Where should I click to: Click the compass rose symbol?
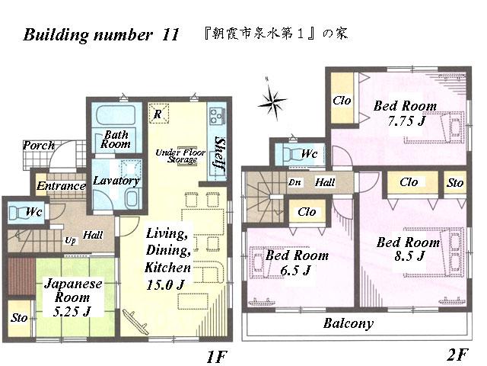tap(271, 98)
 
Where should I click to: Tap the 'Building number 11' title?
tap(101, 36)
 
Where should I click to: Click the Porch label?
tap(38, 145)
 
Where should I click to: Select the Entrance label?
tap(62, 186)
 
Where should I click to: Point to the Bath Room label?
tap(116, 138)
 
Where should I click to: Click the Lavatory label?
tap(116, 181)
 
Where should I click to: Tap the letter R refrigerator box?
tap(157, 114)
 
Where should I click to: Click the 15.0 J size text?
tap(166, 284)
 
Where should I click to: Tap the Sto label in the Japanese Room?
tap(18, 318)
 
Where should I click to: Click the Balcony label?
tap(349, 323)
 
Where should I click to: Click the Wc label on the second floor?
tap(309, 154)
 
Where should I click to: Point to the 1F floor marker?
tap(216, 355)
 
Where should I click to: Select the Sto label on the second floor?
tap(455, 183)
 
